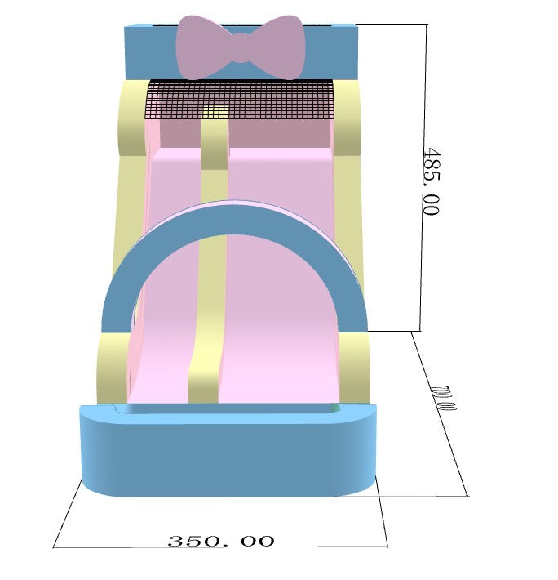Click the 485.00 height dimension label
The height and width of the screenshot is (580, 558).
point(431,181)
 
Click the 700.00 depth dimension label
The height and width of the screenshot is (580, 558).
point(443,398)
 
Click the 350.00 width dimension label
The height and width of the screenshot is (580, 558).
point(221,541)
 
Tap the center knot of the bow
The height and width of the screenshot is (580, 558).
point(241,47)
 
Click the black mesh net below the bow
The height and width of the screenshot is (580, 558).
point(241,99)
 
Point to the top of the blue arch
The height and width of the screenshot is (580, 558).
point(235,219)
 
